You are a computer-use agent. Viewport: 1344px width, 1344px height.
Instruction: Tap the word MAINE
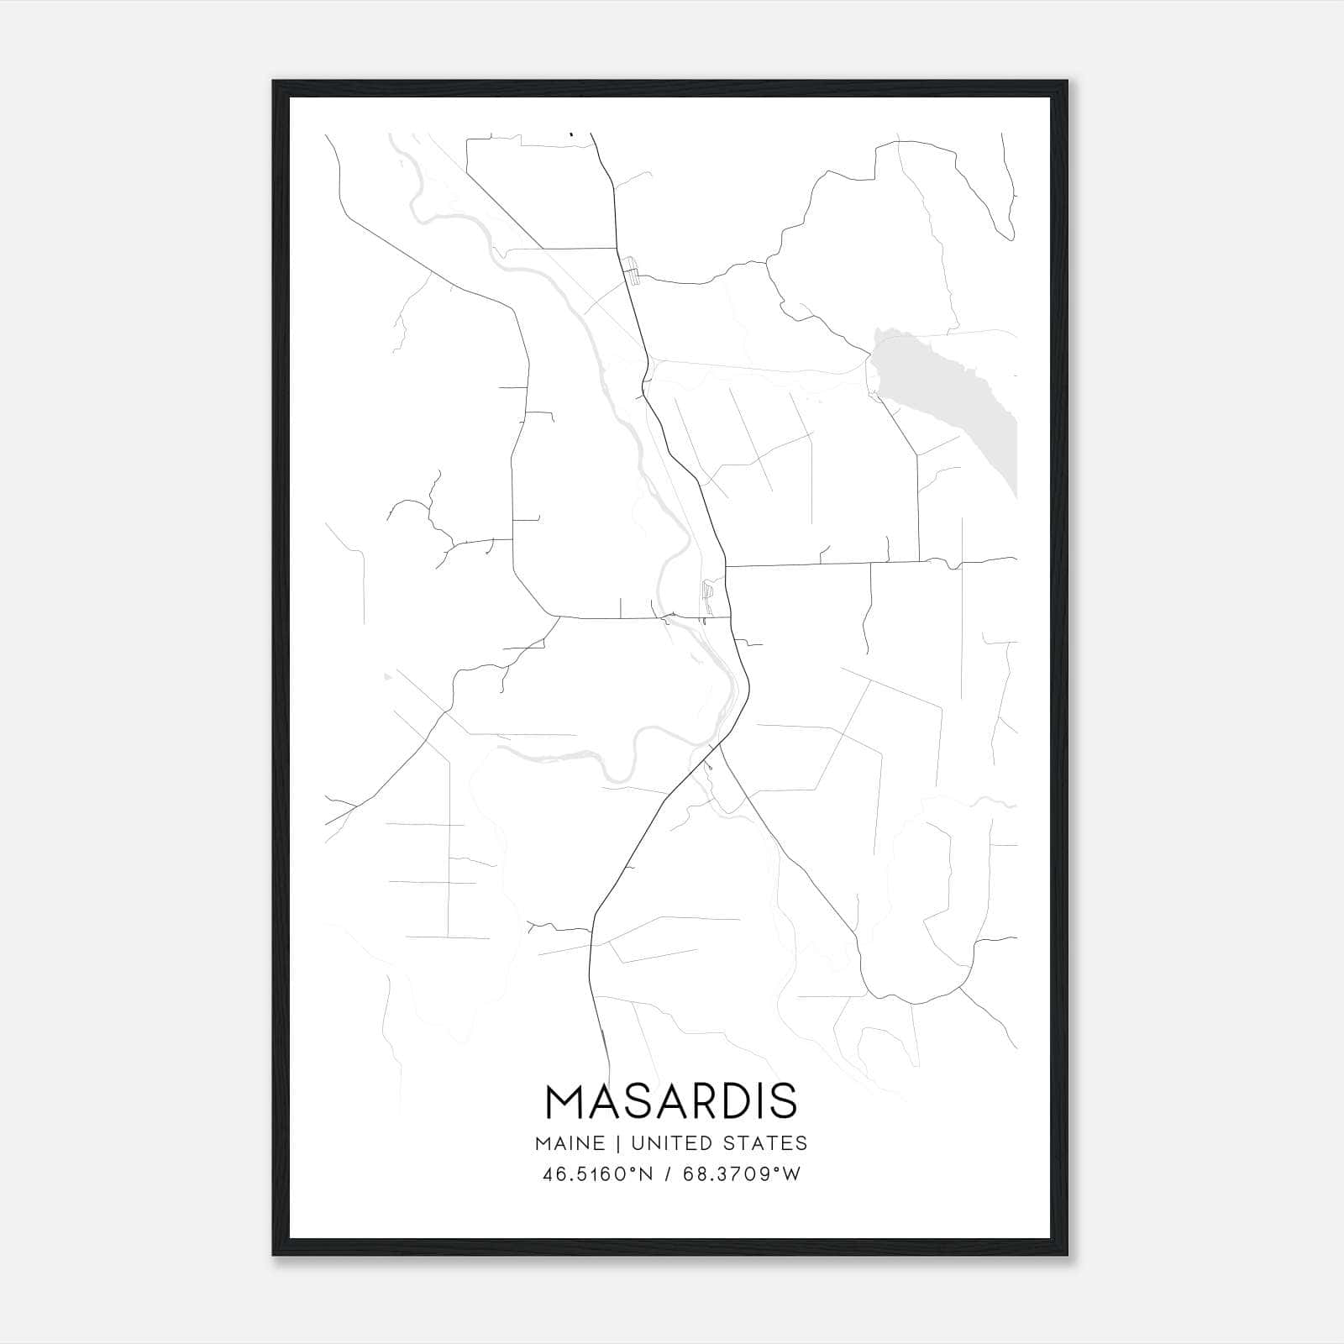(x=569, y=1142)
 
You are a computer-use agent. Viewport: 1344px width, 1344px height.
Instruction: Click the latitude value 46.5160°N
(x=597, y=1173)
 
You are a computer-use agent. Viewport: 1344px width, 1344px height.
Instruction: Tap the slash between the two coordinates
(x=667, y=1173)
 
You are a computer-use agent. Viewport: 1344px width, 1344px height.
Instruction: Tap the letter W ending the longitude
(x=792, y=1173)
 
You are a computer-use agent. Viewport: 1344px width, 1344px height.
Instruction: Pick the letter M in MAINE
(x=542, y=1142)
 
